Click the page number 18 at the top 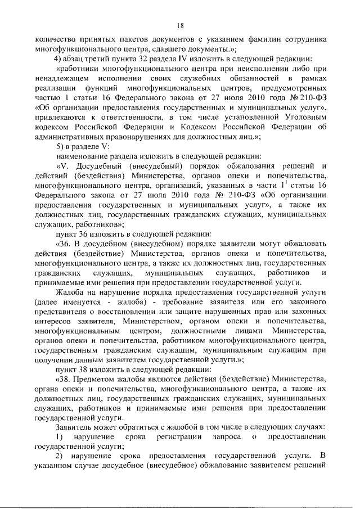(x=180, y=25)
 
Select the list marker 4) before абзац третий (x=58, y=58)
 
